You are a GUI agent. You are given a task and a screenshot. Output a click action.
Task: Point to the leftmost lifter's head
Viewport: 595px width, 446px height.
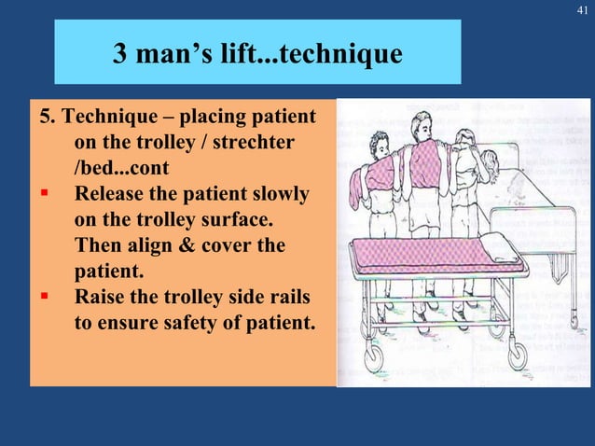(x=379, y=144)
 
